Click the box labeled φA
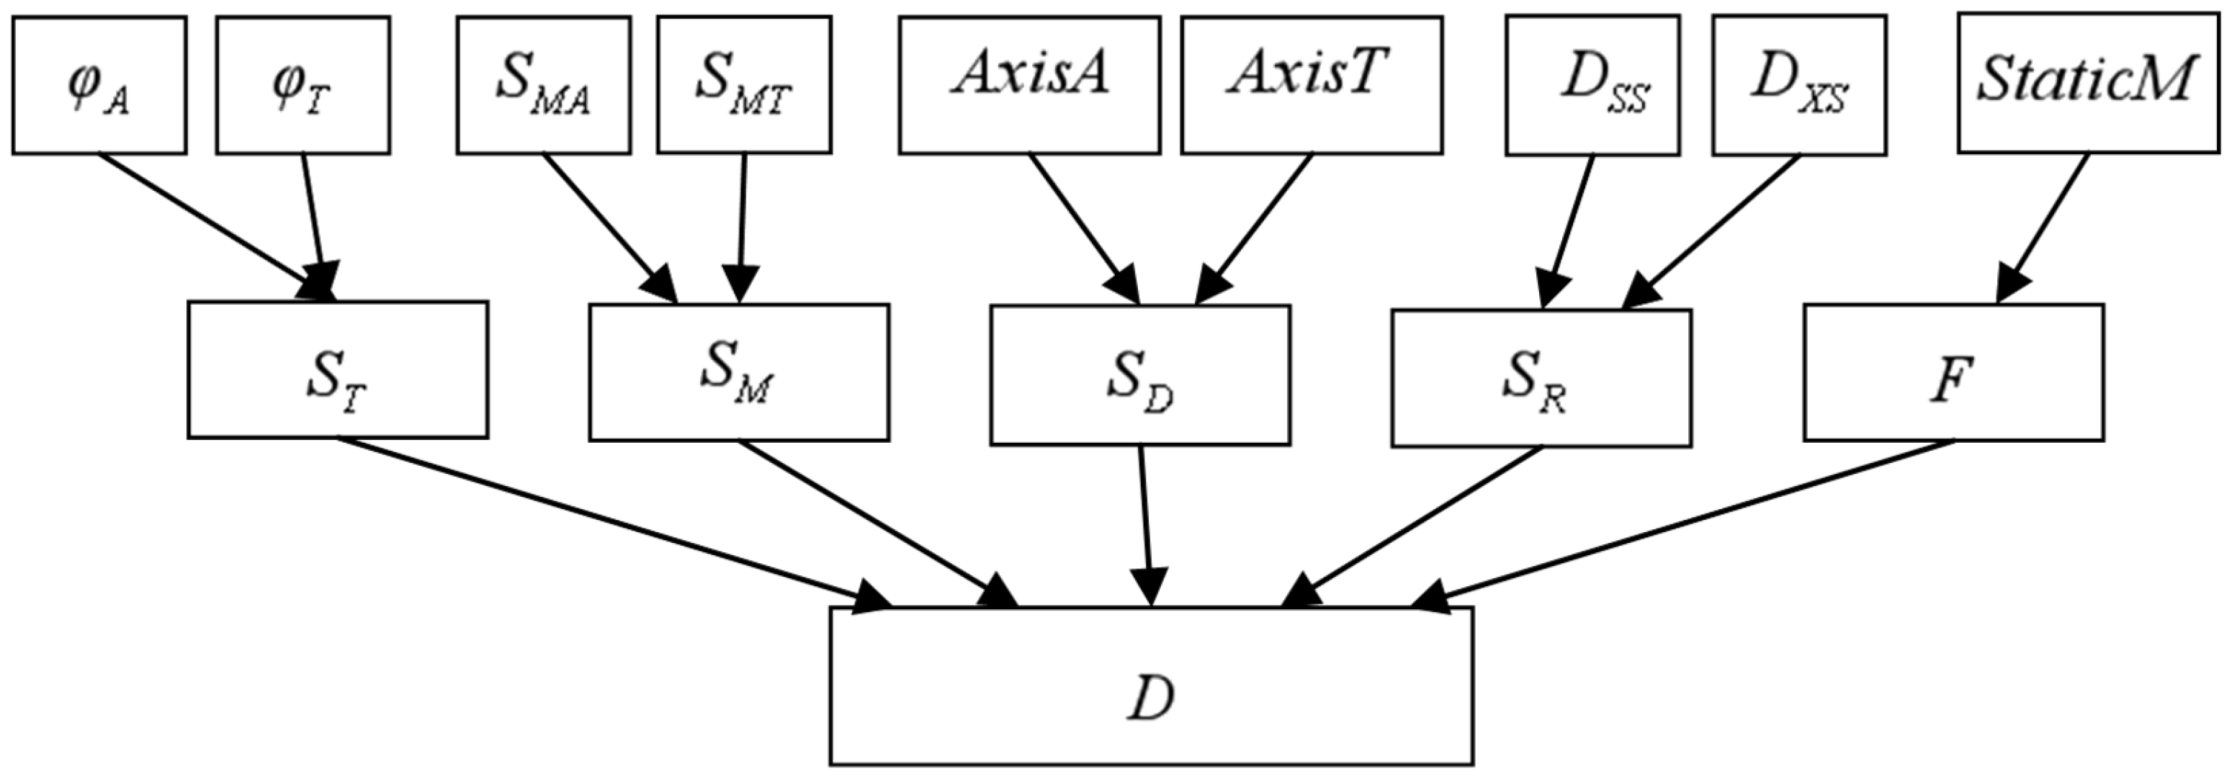[99, 85]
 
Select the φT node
[302, 85]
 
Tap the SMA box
[543, 85]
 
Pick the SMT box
[743, 85]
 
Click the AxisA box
[1029, 85]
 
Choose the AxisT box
[1311, 85]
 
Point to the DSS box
[1592, 85]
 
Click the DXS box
[1798, 85]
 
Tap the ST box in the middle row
[337, 370]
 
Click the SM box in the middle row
[738, 372]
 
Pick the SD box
[1139, 375]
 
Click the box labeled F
[1953, 372]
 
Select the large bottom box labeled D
[1151, 686]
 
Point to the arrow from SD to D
[1145, 520]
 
